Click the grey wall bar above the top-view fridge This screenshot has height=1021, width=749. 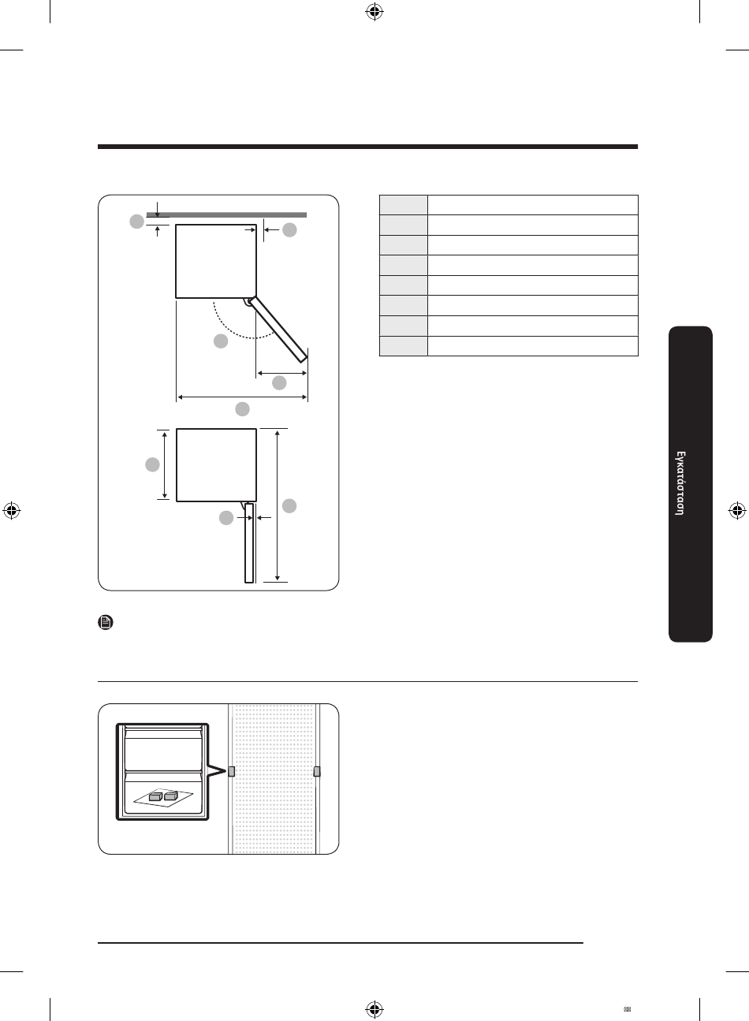tap(226, 214)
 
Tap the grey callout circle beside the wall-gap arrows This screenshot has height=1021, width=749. tap(136, 222)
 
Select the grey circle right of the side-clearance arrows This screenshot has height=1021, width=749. tap(289, 229)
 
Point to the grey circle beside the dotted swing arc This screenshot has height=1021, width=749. tap(221, 341)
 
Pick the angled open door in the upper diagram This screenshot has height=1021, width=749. tap(278, 330)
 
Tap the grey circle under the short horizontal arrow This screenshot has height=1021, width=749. tap(279, 383)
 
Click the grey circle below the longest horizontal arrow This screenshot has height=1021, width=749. tap(242, 409)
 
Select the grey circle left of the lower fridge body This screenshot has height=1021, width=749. tap(152, 464)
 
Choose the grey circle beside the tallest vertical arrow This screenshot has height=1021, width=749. tap(289, 505)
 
